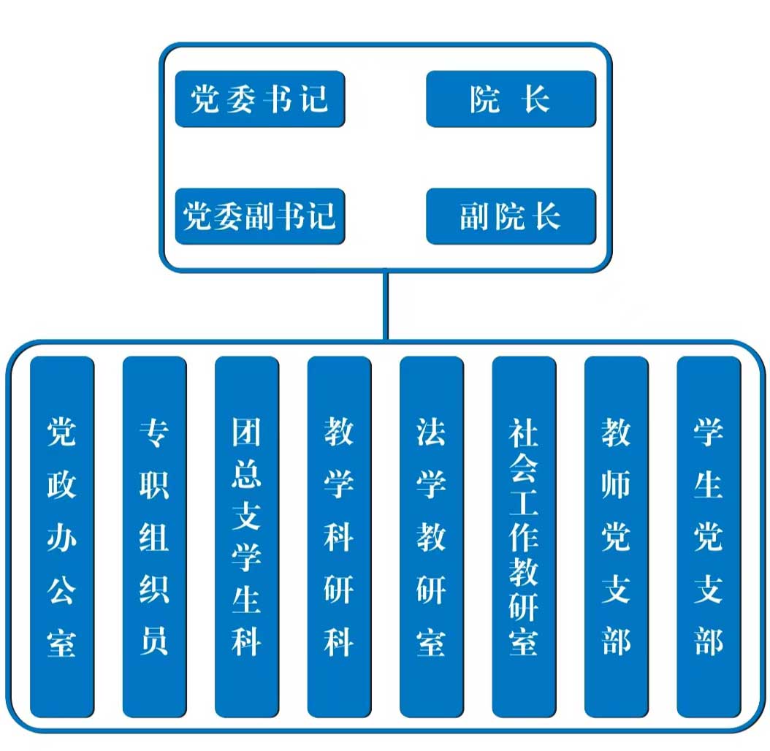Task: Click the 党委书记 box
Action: coord(259,99)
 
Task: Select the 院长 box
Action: coord(511,99)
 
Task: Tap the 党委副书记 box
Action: coord(259,216)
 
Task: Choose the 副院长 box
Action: coord(511,216)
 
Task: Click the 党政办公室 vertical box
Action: coord(62,537)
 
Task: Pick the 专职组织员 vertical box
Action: coord(154,537)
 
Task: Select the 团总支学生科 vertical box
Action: coord(247,537)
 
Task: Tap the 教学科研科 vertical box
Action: coord(339,537)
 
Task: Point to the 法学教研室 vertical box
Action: coord(431,537)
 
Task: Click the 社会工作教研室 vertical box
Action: coord(524,537)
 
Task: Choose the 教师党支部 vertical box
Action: coord(616,537)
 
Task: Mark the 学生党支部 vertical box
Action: coord(709,537)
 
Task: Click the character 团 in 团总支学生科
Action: coord(247,432)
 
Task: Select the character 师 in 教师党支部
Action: coord(616,484)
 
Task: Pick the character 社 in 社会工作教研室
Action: coord(524,432)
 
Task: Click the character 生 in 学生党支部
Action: coord(709,484)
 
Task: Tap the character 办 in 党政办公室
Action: coord(62,537)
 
